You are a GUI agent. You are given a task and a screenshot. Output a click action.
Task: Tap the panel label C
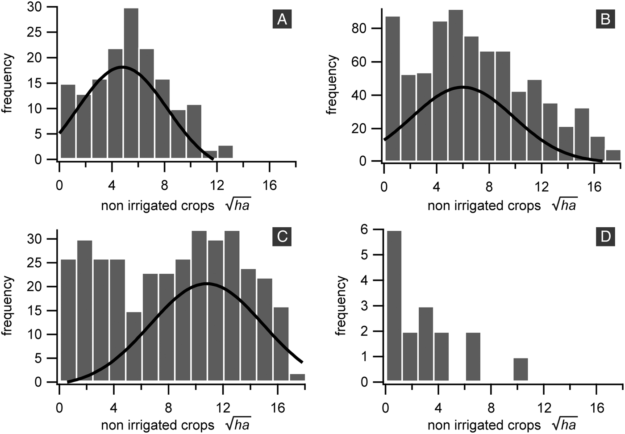(282, 236)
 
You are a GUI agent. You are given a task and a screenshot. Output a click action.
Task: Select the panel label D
(605, 236)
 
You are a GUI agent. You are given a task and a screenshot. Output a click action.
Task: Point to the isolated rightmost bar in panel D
(521, 369)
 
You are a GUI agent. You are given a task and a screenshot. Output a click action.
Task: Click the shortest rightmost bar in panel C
(297, 377)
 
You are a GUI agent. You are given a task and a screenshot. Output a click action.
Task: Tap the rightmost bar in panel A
(225, 152)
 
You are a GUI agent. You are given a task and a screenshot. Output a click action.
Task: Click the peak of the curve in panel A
(122, 67)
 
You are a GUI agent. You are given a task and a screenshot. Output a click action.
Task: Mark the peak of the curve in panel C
(206, 283)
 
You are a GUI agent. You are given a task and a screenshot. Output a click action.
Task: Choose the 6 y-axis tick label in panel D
(376, 230)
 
